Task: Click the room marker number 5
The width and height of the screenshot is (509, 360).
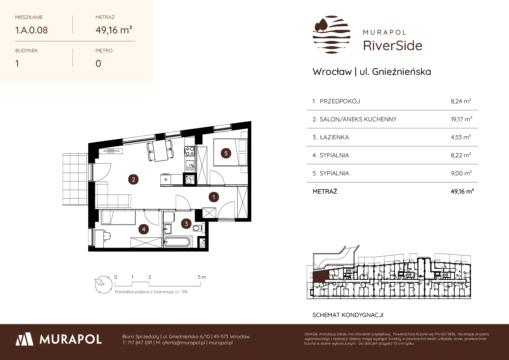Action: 226,153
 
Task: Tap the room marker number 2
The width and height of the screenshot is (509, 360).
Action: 133,179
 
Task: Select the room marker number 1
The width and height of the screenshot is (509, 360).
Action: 214,197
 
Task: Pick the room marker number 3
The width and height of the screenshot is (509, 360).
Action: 186,224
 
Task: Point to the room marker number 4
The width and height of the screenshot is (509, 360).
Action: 144,230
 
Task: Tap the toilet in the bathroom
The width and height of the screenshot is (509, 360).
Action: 198,228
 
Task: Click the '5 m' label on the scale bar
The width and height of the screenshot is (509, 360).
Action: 202,277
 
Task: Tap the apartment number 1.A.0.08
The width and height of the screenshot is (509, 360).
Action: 31,30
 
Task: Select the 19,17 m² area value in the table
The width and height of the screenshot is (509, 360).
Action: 461,119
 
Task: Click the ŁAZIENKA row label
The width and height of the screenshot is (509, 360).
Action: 334,137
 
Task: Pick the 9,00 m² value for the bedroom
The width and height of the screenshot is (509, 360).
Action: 461,173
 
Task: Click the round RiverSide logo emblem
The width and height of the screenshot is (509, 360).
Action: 331,35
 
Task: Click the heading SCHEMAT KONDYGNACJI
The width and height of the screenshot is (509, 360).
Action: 348,315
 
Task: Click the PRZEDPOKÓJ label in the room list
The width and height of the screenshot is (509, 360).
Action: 340,101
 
